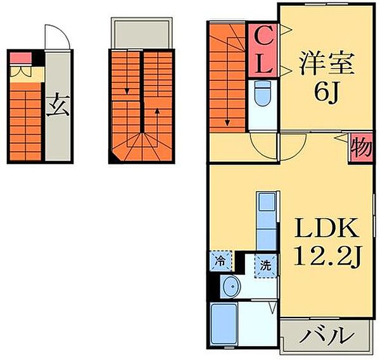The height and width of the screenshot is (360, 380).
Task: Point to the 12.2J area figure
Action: [327, 256]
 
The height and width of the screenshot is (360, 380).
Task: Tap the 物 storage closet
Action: [361, 149]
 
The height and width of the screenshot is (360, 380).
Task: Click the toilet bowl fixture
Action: [261, 96]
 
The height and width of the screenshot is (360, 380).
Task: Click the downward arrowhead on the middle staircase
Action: [127, 92]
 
